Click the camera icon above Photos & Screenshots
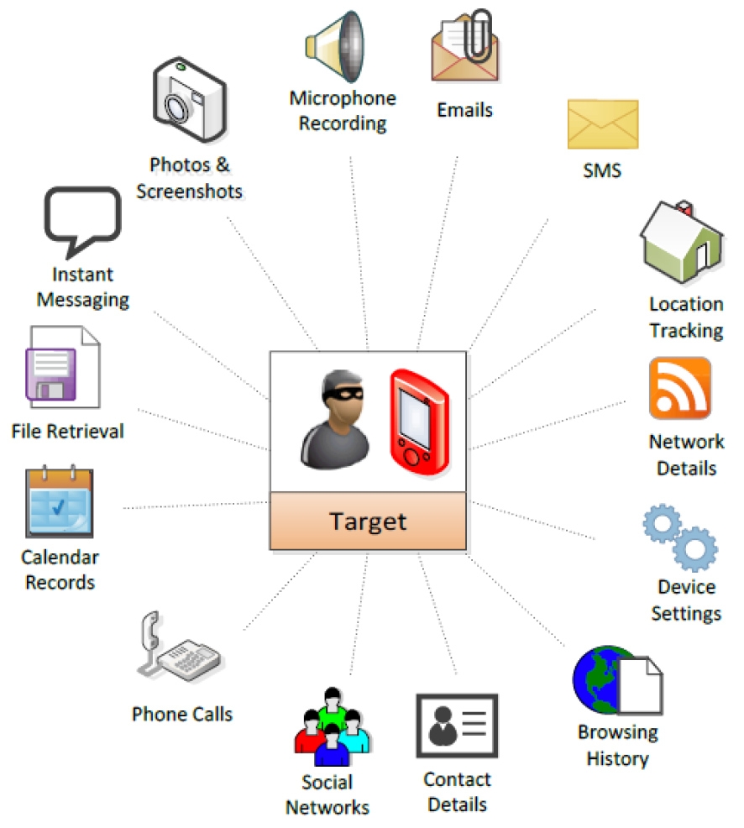[189, 100]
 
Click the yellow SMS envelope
[602, 124]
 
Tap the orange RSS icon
[680, 388]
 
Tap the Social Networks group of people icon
[333, 726]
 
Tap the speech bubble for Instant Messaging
[81, 219]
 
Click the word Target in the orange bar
[368, 521]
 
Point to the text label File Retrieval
[67, 432]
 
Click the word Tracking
[685, 330]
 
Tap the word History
[617, 759]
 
